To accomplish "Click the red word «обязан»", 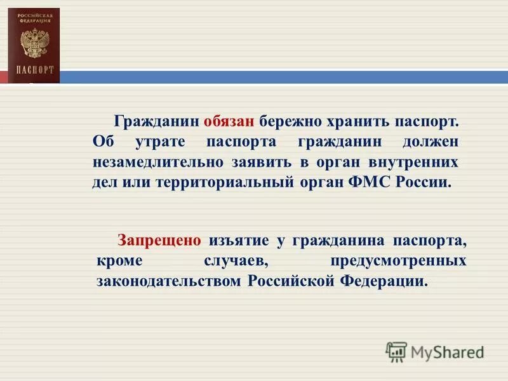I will pos(229,121).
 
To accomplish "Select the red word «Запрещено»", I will pos(159,241).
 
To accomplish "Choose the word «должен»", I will pos(430,141).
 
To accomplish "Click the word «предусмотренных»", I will pos(399,261).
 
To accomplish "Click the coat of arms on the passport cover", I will pos(33,45).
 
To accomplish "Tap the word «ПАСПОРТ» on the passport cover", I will pos(35,69).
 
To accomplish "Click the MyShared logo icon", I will pos(396,351).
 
